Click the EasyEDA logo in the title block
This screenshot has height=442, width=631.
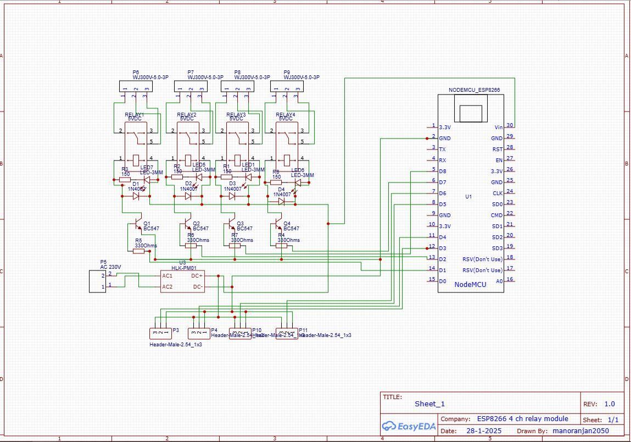tap(409, 426)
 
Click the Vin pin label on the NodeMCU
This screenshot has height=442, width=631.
tap(498, 127)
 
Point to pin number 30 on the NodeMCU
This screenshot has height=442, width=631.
tap(510, 126)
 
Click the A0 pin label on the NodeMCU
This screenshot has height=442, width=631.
tap(499, 281)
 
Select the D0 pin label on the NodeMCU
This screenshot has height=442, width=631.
tap(443, 281)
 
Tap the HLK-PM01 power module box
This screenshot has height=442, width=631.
tap(182, 281)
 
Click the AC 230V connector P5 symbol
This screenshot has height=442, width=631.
tap(98, 280)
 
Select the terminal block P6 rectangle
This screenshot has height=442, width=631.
tap(136, 86)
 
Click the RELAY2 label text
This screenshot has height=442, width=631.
tap(187, 114)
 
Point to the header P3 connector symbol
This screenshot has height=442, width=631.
tap(160, 333)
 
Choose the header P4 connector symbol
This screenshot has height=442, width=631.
tap(199, 333)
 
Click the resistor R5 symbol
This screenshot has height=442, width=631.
tap(138, 251)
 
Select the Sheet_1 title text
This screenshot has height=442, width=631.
tap(429, 404)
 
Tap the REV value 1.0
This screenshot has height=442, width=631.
tap(610, 404)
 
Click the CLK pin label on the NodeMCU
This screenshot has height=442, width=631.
tap(497, 193)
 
